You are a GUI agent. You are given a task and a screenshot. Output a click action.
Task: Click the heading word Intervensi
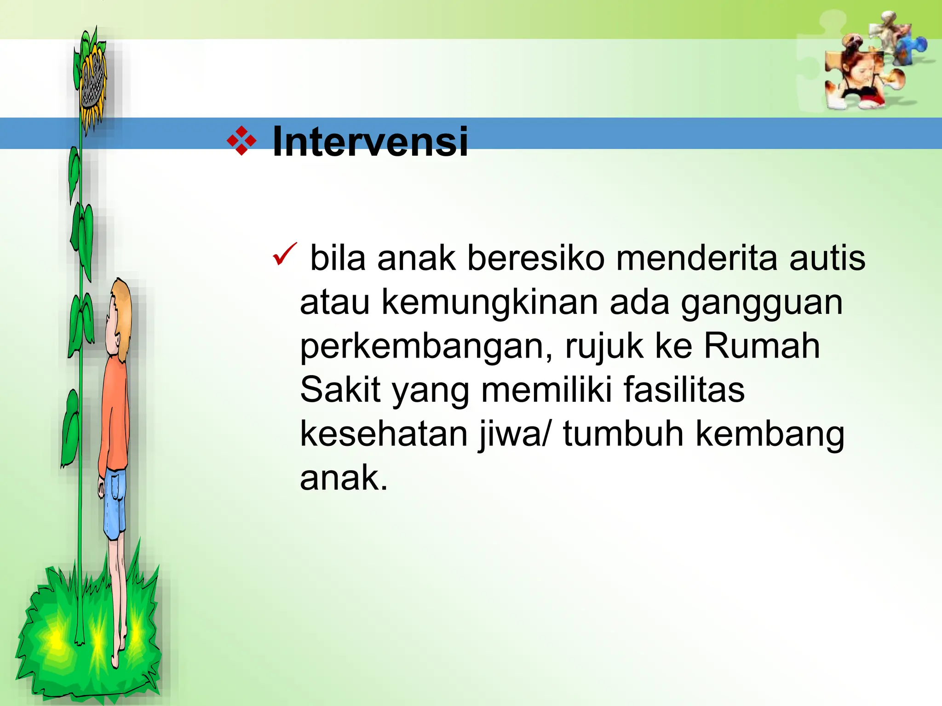click(370, 142)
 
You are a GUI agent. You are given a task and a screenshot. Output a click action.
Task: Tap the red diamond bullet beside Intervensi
click(241, 141)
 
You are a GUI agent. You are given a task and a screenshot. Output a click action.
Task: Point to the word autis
click(827, 258)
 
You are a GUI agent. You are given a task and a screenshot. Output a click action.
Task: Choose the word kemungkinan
click(490, 303)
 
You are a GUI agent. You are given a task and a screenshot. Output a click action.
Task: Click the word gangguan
click(762, 303)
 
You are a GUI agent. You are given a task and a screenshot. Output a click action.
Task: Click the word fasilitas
click(684, 390)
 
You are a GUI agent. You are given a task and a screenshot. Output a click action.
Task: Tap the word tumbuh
click(623, 434)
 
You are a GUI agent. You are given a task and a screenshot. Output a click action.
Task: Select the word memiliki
click(546, 390)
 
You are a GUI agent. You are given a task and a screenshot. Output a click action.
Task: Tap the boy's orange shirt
click(114, 414)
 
